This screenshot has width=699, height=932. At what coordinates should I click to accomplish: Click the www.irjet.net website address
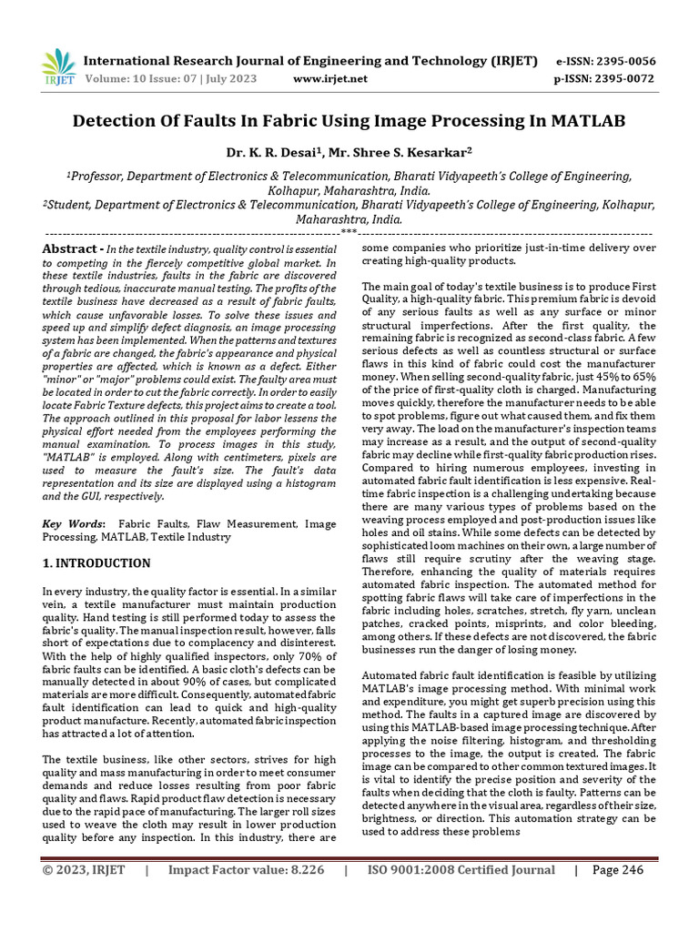330,78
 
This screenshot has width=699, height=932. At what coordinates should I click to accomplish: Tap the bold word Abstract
70,248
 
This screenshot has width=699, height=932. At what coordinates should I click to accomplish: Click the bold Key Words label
74,524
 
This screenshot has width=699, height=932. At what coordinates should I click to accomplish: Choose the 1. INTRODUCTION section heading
97,563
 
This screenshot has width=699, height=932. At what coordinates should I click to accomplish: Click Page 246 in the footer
618,870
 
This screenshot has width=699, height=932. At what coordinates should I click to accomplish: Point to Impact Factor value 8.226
246,870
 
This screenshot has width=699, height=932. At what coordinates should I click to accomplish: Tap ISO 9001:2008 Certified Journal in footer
461,870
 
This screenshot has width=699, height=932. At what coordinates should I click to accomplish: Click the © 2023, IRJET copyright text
85,870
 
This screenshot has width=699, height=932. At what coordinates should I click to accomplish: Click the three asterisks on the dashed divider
349,232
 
